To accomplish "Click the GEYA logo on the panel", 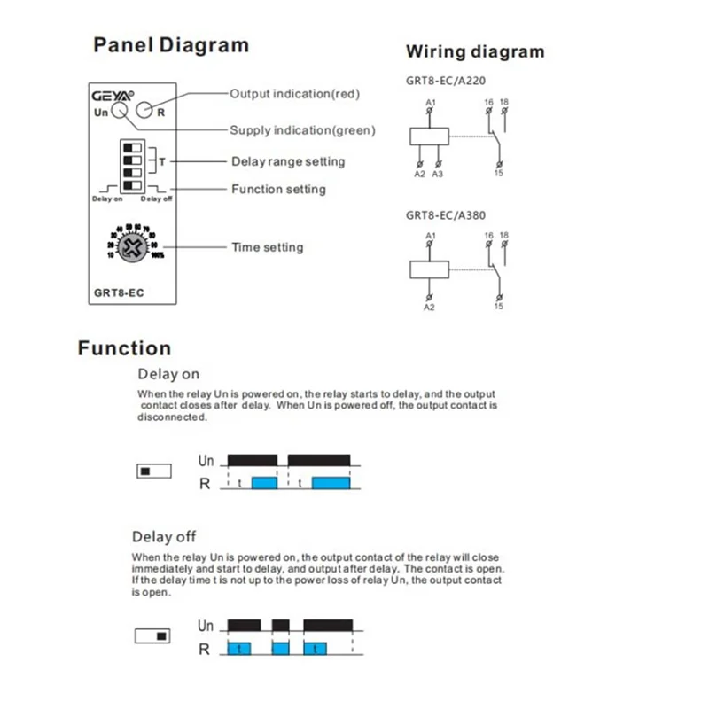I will tap(112, 95).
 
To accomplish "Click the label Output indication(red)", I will tap(294, 93).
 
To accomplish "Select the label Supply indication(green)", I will tap(302, 130).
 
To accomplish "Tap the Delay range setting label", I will tap(288, 161).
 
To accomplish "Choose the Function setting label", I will tap(278, 189).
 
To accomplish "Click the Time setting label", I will tap(267, 247).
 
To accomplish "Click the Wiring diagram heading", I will tap(475, 51).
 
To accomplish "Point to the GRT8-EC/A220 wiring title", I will tap(445, 80).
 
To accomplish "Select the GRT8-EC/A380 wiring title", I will tap(445, 214).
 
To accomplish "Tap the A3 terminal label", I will tap(437, 175).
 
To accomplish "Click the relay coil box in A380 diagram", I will tap(430, 269).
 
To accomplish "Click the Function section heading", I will tap(124, 348).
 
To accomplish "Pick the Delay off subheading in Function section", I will tap(164, 536).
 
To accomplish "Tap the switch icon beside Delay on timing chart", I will tap(153, 471).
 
